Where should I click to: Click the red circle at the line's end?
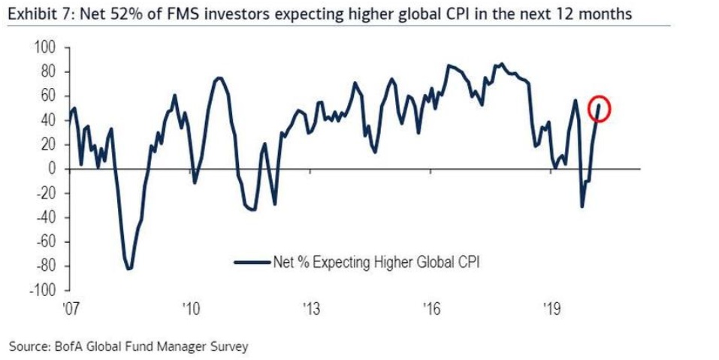(x=600, y=109)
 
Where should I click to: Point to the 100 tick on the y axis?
(x=46, y=47)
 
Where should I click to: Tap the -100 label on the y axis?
(x=44, y=291)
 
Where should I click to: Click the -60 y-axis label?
(x=47, y=242)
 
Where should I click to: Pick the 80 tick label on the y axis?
(x=49, y=71)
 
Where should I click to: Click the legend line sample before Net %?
(x=252, y=262)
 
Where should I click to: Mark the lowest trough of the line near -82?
(x=129, y=268)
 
